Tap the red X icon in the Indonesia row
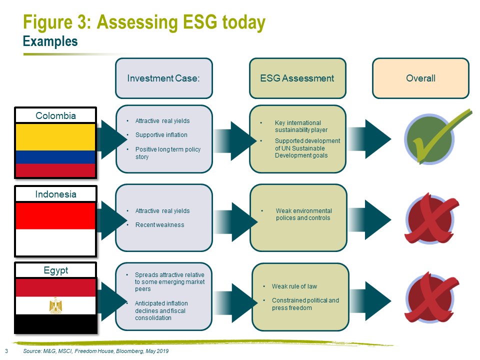click(x=430, y=218)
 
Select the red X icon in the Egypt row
click(x=430, y=297)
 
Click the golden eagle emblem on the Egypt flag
click(x=55, y=305)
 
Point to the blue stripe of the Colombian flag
click(x=55, y=157)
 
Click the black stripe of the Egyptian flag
click(x=55, y=323)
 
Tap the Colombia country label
click(x=55, y=115)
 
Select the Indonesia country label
click(x=55, y=194)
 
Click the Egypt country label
click(x=55, y=270)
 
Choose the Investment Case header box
click(x=164, y=78)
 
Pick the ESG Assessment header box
click(x=297, y=78)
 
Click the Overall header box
click(x=420, y=78)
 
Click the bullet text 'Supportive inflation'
click(x=161, y=135)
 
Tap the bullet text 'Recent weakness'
click(x=160, y=225)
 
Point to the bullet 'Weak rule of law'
click(x=294, y=286)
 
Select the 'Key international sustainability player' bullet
click(x=301, y=126)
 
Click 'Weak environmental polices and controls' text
click(x=303, y=214)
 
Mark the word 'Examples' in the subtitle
click(x=50, y=41)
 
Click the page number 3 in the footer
click(x=6, y=351)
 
